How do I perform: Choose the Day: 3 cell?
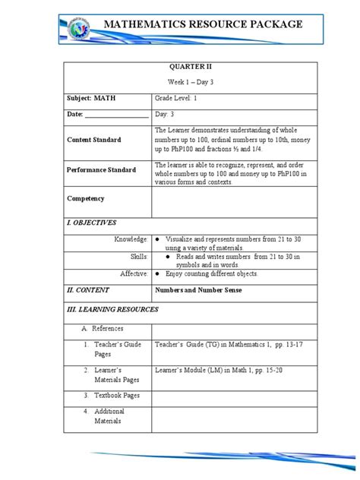click(166, 115)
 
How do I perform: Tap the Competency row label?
click(86, 198)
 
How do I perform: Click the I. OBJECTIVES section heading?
click(91, 223)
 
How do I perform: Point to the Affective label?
click(134, 273)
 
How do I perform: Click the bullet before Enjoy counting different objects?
click(156, 273)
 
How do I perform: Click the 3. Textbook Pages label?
click(118, 396)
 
